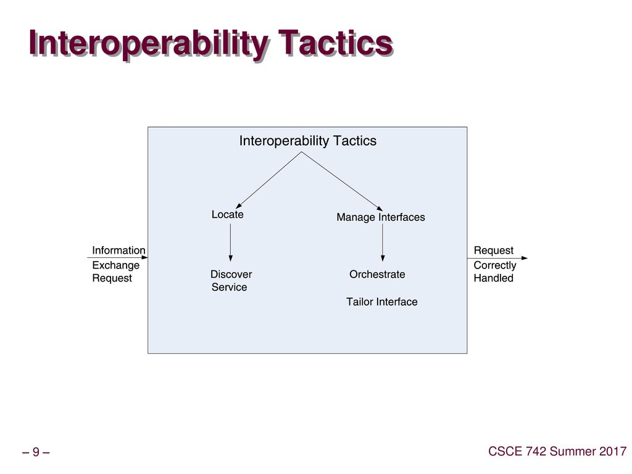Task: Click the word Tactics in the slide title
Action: pos(335,43)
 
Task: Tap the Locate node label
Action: pos(227,214)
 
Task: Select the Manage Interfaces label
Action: pos(380,217)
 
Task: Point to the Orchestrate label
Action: pos(377,274)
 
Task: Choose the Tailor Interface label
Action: pos(381,301)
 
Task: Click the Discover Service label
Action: pos(231,281)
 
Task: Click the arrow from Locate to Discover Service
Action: pos(231,243)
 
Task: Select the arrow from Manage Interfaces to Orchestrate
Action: pos(383,243)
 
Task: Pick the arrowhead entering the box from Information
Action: pos(144,257)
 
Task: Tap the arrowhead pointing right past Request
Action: pos(525,258)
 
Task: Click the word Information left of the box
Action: pos(118,251)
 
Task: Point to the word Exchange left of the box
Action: pos(115,265)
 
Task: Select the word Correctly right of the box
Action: pos(495,265)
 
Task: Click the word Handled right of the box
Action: pos(493,278)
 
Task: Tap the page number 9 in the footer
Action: pos(36,452)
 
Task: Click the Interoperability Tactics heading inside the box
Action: pos(308,141)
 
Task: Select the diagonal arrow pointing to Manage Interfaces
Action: pos(342,181)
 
